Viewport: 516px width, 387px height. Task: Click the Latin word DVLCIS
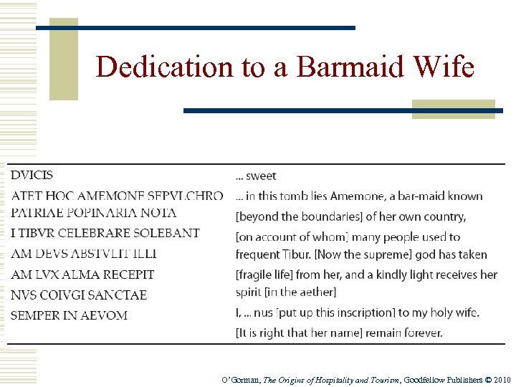[x=32, y=175]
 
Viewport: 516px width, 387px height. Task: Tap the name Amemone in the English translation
[x=391, y=196]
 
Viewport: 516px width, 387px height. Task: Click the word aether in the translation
[x=313, y=292]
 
